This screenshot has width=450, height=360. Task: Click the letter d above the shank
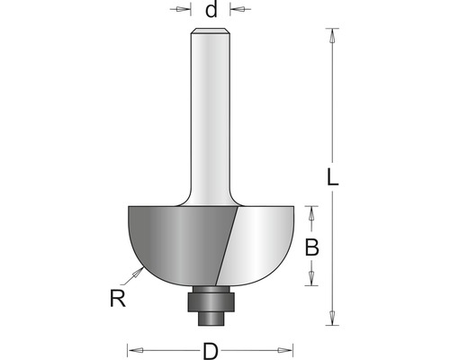pos(211,10)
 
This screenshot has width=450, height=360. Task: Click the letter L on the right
pos(332,176)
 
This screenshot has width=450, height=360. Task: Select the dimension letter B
pos(311,247)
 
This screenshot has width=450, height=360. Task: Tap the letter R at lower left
pos(118,299)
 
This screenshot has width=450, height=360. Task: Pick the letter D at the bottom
pos(211,351)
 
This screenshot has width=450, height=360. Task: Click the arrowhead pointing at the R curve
pos(138,273)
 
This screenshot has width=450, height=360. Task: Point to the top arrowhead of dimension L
pos(332,35)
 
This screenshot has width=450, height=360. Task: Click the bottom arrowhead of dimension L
pos(332,318)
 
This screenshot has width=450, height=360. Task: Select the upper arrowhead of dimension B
pos(311,213)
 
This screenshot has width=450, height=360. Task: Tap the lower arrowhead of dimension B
pos(311,278)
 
